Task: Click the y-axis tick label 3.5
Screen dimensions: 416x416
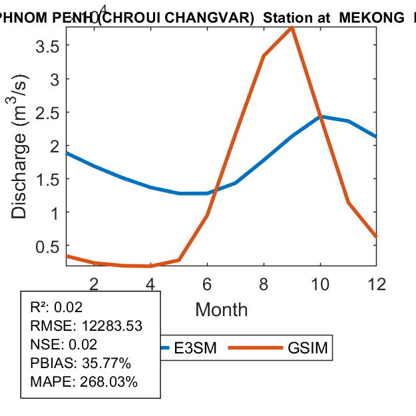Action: (47, 46)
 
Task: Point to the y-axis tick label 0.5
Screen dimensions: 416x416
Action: (47, 246)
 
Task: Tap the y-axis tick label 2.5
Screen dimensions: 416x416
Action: (47, 112)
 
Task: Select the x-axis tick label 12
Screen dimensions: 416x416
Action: (377, 284)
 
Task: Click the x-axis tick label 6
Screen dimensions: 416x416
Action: (207, 284)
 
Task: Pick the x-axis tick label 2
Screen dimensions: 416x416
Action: (94, 284)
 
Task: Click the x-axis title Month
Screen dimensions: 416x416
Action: (222, 310)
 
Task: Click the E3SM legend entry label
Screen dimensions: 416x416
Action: (196, 348)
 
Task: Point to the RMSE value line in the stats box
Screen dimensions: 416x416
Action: (87, 326)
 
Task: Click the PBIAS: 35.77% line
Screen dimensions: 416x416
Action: (81, 363)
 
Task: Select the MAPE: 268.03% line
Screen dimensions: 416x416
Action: (84, 382)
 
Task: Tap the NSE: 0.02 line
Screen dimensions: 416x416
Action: (64, 345)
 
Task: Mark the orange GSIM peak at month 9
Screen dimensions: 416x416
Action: (292, 28)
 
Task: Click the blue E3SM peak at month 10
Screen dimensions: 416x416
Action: (320, 116)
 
